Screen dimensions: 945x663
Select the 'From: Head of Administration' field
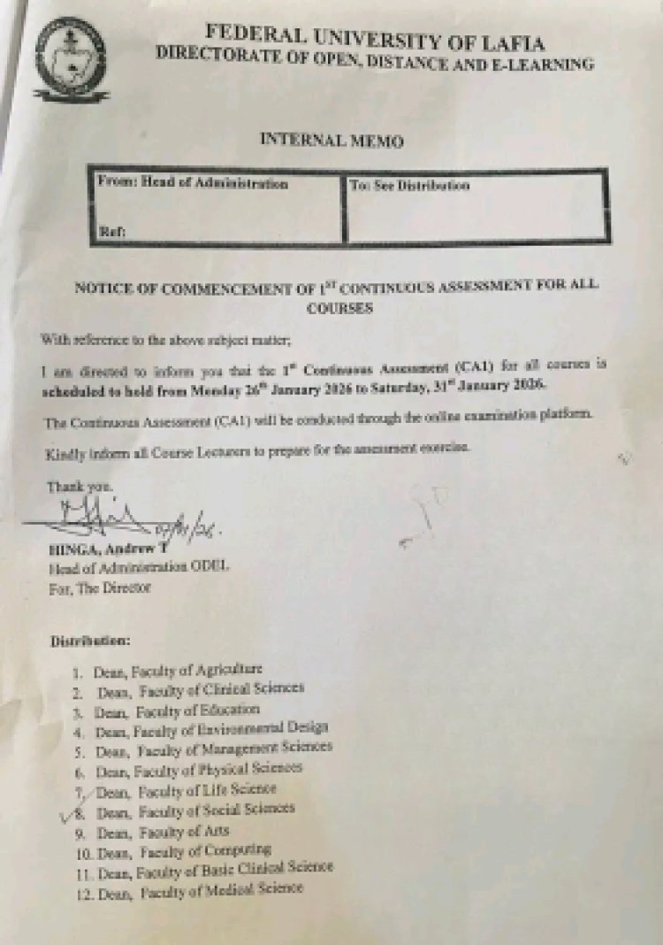[x=192, y=185]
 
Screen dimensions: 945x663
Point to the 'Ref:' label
[x=111, y=232]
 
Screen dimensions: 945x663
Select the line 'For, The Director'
[x=99, y=586]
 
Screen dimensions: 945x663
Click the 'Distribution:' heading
[x=90, y=639]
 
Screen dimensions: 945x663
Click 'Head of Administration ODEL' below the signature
[x=139, y=567]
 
